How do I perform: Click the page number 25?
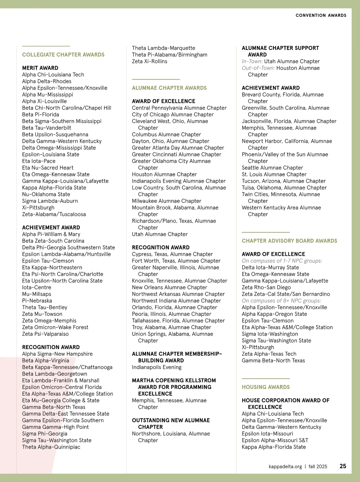(343, 466)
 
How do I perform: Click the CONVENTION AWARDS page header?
(321, 15)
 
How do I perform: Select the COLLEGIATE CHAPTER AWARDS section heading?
(63, 55)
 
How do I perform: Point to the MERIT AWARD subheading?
(40, 68)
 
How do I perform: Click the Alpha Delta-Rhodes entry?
(47, 81)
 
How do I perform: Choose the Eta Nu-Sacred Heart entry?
(48, 168)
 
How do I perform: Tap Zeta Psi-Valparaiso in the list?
(45, 334)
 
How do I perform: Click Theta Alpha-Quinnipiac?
(51, 447)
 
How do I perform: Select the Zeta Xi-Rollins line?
(150, 61)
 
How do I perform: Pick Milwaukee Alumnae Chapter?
(166, 201)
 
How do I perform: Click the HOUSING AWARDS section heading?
(266, 387)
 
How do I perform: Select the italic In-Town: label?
(252, 61)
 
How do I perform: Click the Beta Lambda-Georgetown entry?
(55, 374)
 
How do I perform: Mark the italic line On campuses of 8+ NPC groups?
(281, 301)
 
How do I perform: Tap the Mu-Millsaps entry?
(37, 294)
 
